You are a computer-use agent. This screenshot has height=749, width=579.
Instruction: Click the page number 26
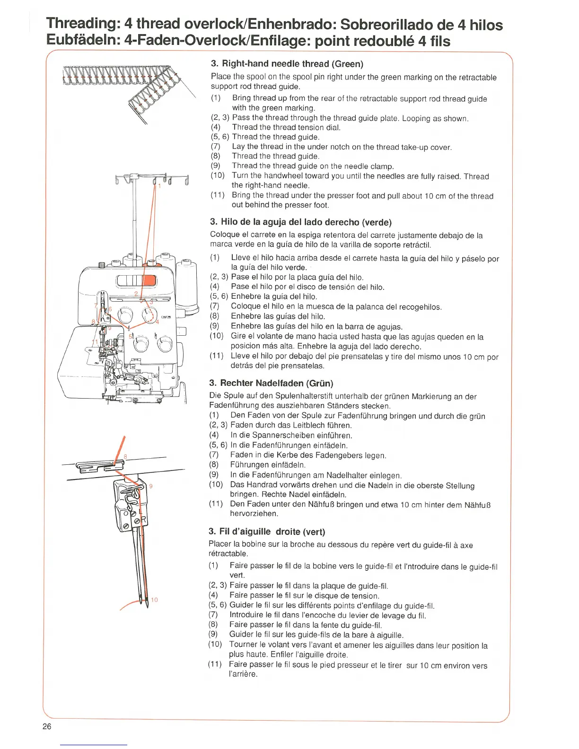pos(47,726)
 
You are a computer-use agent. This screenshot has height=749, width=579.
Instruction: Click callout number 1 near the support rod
pos(159,186)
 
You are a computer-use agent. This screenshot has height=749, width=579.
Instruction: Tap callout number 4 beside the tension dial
pos(158,322)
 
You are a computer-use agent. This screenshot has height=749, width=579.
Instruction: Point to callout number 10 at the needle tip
pos(154,600)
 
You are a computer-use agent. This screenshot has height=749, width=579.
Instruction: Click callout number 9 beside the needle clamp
pos(151,486)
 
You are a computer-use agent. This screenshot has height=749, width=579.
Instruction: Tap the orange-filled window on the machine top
pos(149,280)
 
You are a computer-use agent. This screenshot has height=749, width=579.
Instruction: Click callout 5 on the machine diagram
pos(131,336)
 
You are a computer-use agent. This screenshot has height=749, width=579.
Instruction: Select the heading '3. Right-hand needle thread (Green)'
pos(287,64)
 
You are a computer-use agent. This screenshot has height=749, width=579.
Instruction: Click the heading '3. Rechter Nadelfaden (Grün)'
pos(271,383)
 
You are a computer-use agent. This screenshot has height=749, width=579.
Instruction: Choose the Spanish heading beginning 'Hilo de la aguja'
pos(300,222)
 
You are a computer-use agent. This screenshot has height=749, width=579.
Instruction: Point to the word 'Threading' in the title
pos(84,23)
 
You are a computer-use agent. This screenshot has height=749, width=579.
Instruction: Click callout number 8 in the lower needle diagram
pos(125,456)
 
